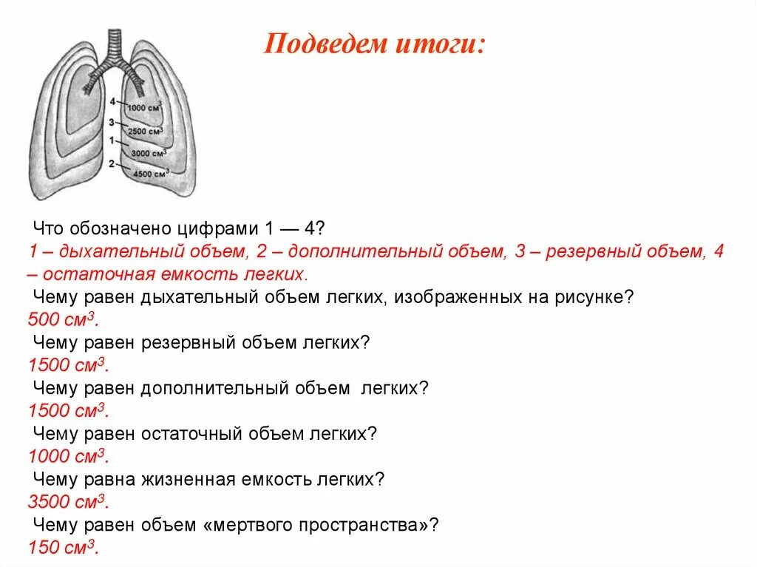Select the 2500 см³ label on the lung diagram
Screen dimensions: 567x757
click(146, 132)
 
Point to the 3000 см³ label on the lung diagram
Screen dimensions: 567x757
click(149, 153)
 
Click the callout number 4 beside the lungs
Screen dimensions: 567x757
click(112, 101)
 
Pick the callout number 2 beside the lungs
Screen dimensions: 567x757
click(111, 163)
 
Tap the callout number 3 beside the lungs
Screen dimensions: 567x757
click(111, 122)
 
